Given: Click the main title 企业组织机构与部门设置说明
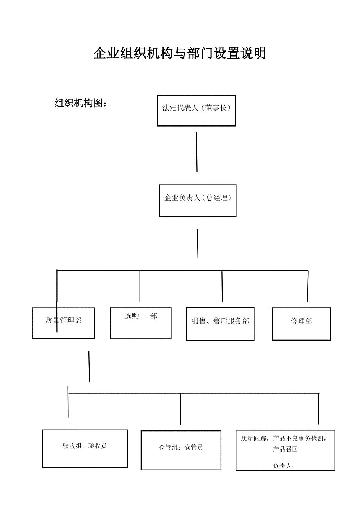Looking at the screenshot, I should tap(180, 53).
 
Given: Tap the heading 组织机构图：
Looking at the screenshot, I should tap(81, 103).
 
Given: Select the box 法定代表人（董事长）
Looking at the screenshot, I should tap(196, 111).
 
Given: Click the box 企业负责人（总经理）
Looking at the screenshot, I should tap(198, 200).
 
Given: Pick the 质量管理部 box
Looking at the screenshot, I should tap(63, 323).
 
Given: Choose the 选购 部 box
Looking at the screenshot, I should tap(140, 323).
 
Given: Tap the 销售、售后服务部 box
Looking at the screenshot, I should tap(220, 323).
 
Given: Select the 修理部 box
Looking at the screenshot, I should tap(301, 323).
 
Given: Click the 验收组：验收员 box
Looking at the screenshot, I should tap(85, 448).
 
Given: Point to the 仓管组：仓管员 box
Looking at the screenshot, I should tap(181, 450).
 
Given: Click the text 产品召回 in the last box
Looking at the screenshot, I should tap(285, 449).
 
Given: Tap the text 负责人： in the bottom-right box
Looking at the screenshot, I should tap(284, 466).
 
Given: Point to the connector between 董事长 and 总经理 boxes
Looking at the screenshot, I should tap(196, 152).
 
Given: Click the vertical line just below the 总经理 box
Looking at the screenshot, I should tap(198, 243).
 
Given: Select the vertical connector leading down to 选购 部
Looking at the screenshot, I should tap(139, 286).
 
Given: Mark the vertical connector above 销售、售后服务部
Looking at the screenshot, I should tap(222, 286).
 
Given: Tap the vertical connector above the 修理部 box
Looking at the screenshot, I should tap(308, 286).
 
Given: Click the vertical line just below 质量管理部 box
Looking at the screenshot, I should tap(89, 366).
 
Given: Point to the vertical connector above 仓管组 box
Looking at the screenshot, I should tap(180, 409).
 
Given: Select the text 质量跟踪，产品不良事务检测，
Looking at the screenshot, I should tap(284, 438).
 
